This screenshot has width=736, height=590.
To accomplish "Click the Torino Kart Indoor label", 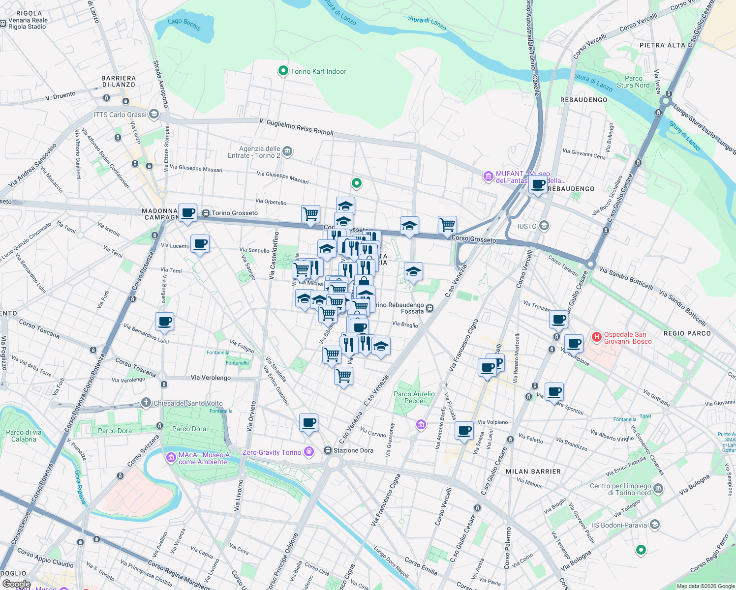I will pyautogui.click(x=318, y=71).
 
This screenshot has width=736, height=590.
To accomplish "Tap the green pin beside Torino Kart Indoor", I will pyautogui.click(x=283, y=71).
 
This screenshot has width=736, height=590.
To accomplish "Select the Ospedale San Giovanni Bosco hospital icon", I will pyautogui.click(x=596, y=337).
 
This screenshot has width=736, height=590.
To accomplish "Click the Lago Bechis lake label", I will pyautogui.click(x=184, y=24).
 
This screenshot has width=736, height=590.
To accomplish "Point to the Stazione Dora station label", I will pyautogui.click(x=353, y=450).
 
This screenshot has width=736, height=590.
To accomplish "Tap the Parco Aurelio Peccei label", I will pyautogui.click(x=414, y=397).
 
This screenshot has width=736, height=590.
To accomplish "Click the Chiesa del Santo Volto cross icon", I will pyautogui.click(x=146, y=403).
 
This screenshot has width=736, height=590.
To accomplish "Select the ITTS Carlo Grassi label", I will pyautogui.click(x=120, y=115).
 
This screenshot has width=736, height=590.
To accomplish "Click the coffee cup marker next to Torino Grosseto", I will pyautogui.click(x=187, y=213).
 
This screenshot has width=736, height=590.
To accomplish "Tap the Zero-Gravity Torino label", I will pyautogui.click(x=272, y=452).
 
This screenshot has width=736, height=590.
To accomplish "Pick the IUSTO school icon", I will pyautogui.click(x=544, y=226).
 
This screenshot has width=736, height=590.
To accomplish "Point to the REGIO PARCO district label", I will pyautogui.click(x=687, y=333).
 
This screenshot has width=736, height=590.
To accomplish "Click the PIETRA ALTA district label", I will pyautogui.click(x=662, y=45).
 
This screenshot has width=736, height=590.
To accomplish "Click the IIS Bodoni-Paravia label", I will pyautogui.click(x=619, y=525).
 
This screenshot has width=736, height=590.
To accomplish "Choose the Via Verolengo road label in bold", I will pyautogui.click(x=211, y=378).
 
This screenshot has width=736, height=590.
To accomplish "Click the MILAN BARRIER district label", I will pyautogui.click(x=533, y=472).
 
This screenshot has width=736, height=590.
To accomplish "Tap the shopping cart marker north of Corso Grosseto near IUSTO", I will pyautogui.click(x=447, y=225).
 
